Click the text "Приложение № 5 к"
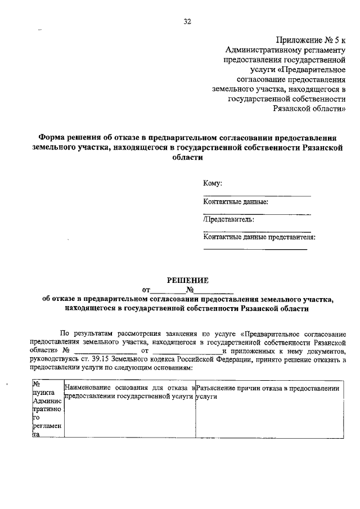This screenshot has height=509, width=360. tap(311, 39)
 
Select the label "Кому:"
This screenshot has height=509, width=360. tap(213, 183)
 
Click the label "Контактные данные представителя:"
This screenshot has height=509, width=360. tap(259, 237)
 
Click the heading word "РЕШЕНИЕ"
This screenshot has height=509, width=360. tap(188, 280)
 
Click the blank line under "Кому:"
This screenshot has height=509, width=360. tap(256, 195)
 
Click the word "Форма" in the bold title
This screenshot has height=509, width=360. tap(51, 137)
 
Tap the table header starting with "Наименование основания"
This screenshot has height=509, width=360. tap(130, 392)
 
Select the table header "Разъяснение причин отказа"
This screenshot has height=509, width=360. tap(268, 388)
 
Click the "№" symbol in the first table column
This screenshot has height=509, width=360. tap(37, 384)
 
